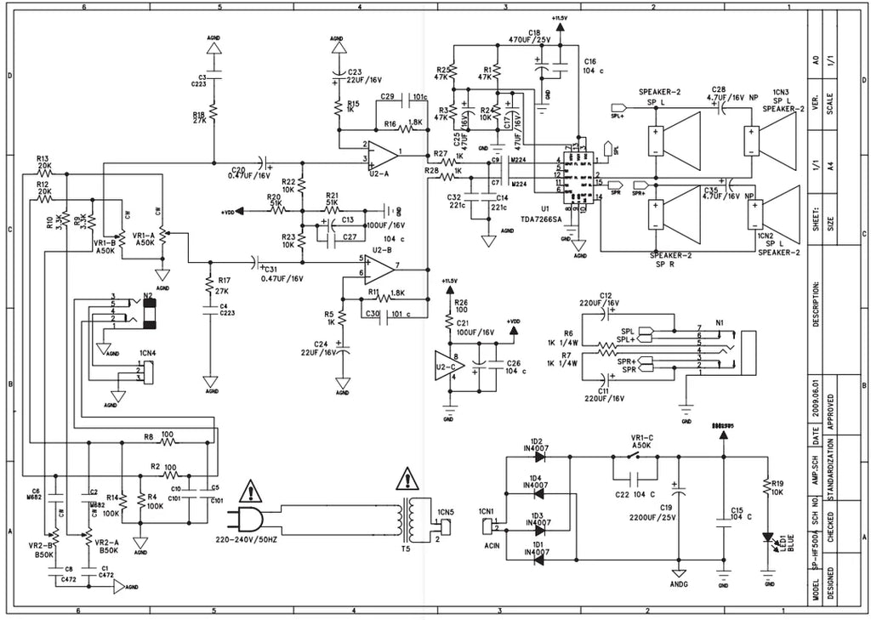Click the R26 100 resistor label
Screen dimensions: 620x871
460,306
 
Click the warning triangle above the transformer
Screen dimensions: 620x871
407,481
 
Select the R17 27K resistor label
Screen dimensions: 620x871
224,285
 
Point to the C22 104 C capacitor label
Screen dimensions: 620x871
635,494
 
